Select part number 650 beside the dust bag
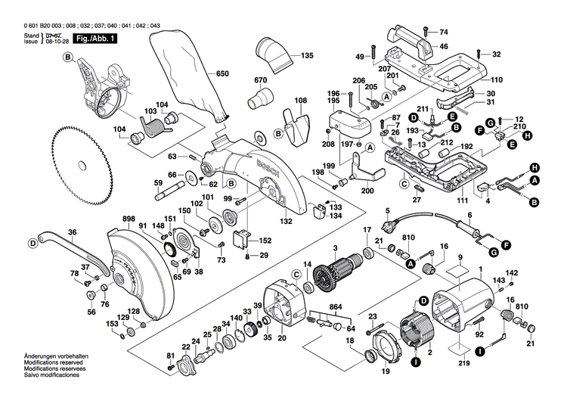click(x=222, y=73)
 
